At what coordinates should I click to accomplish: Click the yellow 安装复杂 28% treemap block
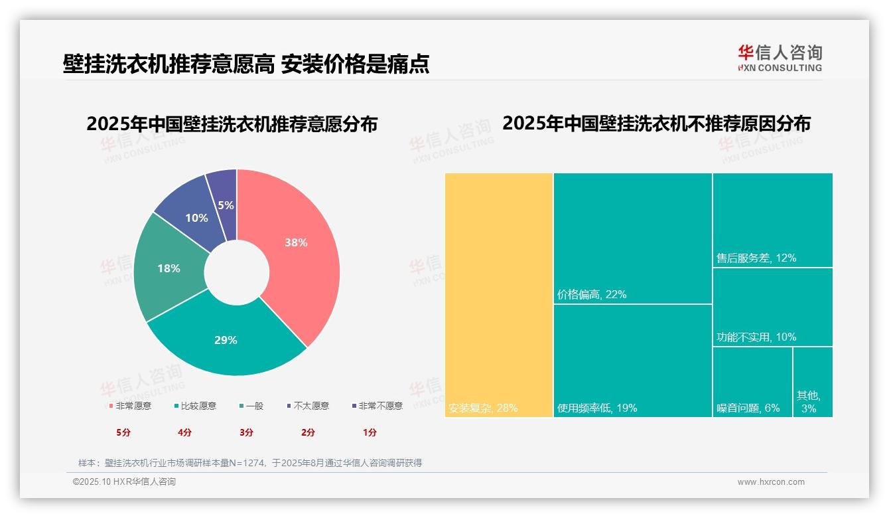(x=498, y=295)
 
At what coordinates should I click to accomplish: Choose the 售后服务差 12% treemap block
(x=772, y=220)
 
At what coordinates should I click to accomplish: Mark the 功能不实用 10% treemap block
(x=772, y=306)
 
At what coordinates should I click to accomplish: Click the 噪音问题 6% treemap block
(x=752, y=381)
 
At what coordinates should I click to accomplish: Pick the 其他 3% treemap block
(x=812, y=381)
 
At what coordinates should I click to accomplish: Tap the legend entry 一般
(x=251, y=406)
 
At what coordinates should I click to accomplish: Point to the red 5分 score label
(x=123, y=432)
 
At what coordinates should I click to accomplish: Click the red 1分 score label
(x=370, y=432)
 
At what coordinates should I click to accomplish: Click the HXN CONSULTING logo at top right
(x=780, y=58)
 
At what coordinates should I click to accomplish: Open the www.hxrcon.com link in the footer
(x=771, y=482)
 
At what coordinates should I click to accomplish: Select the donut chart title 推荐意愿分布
(x=232, y=124)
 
